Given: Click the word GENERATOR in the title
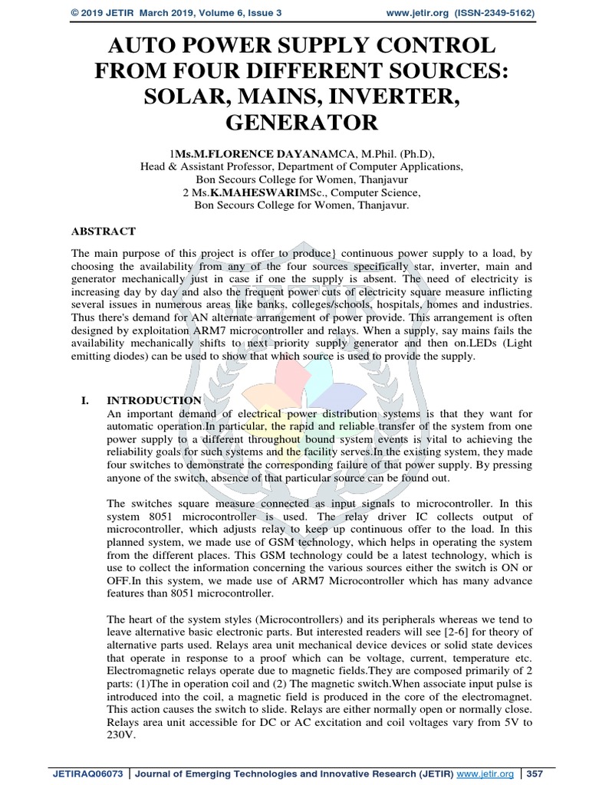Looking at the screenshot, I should pos(294,122).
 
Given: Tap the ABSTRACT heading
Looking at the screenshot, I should pos(104,231).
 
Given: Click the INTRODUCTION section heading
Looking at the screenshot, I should pos(153,400).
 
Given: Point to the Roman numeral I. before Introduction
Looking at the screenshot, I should pos(85,400).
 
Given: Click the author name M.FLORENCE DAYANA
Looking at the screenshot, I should pos(233,152).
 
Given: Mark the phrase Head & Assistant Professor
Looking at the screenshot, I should pos(203,166).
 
